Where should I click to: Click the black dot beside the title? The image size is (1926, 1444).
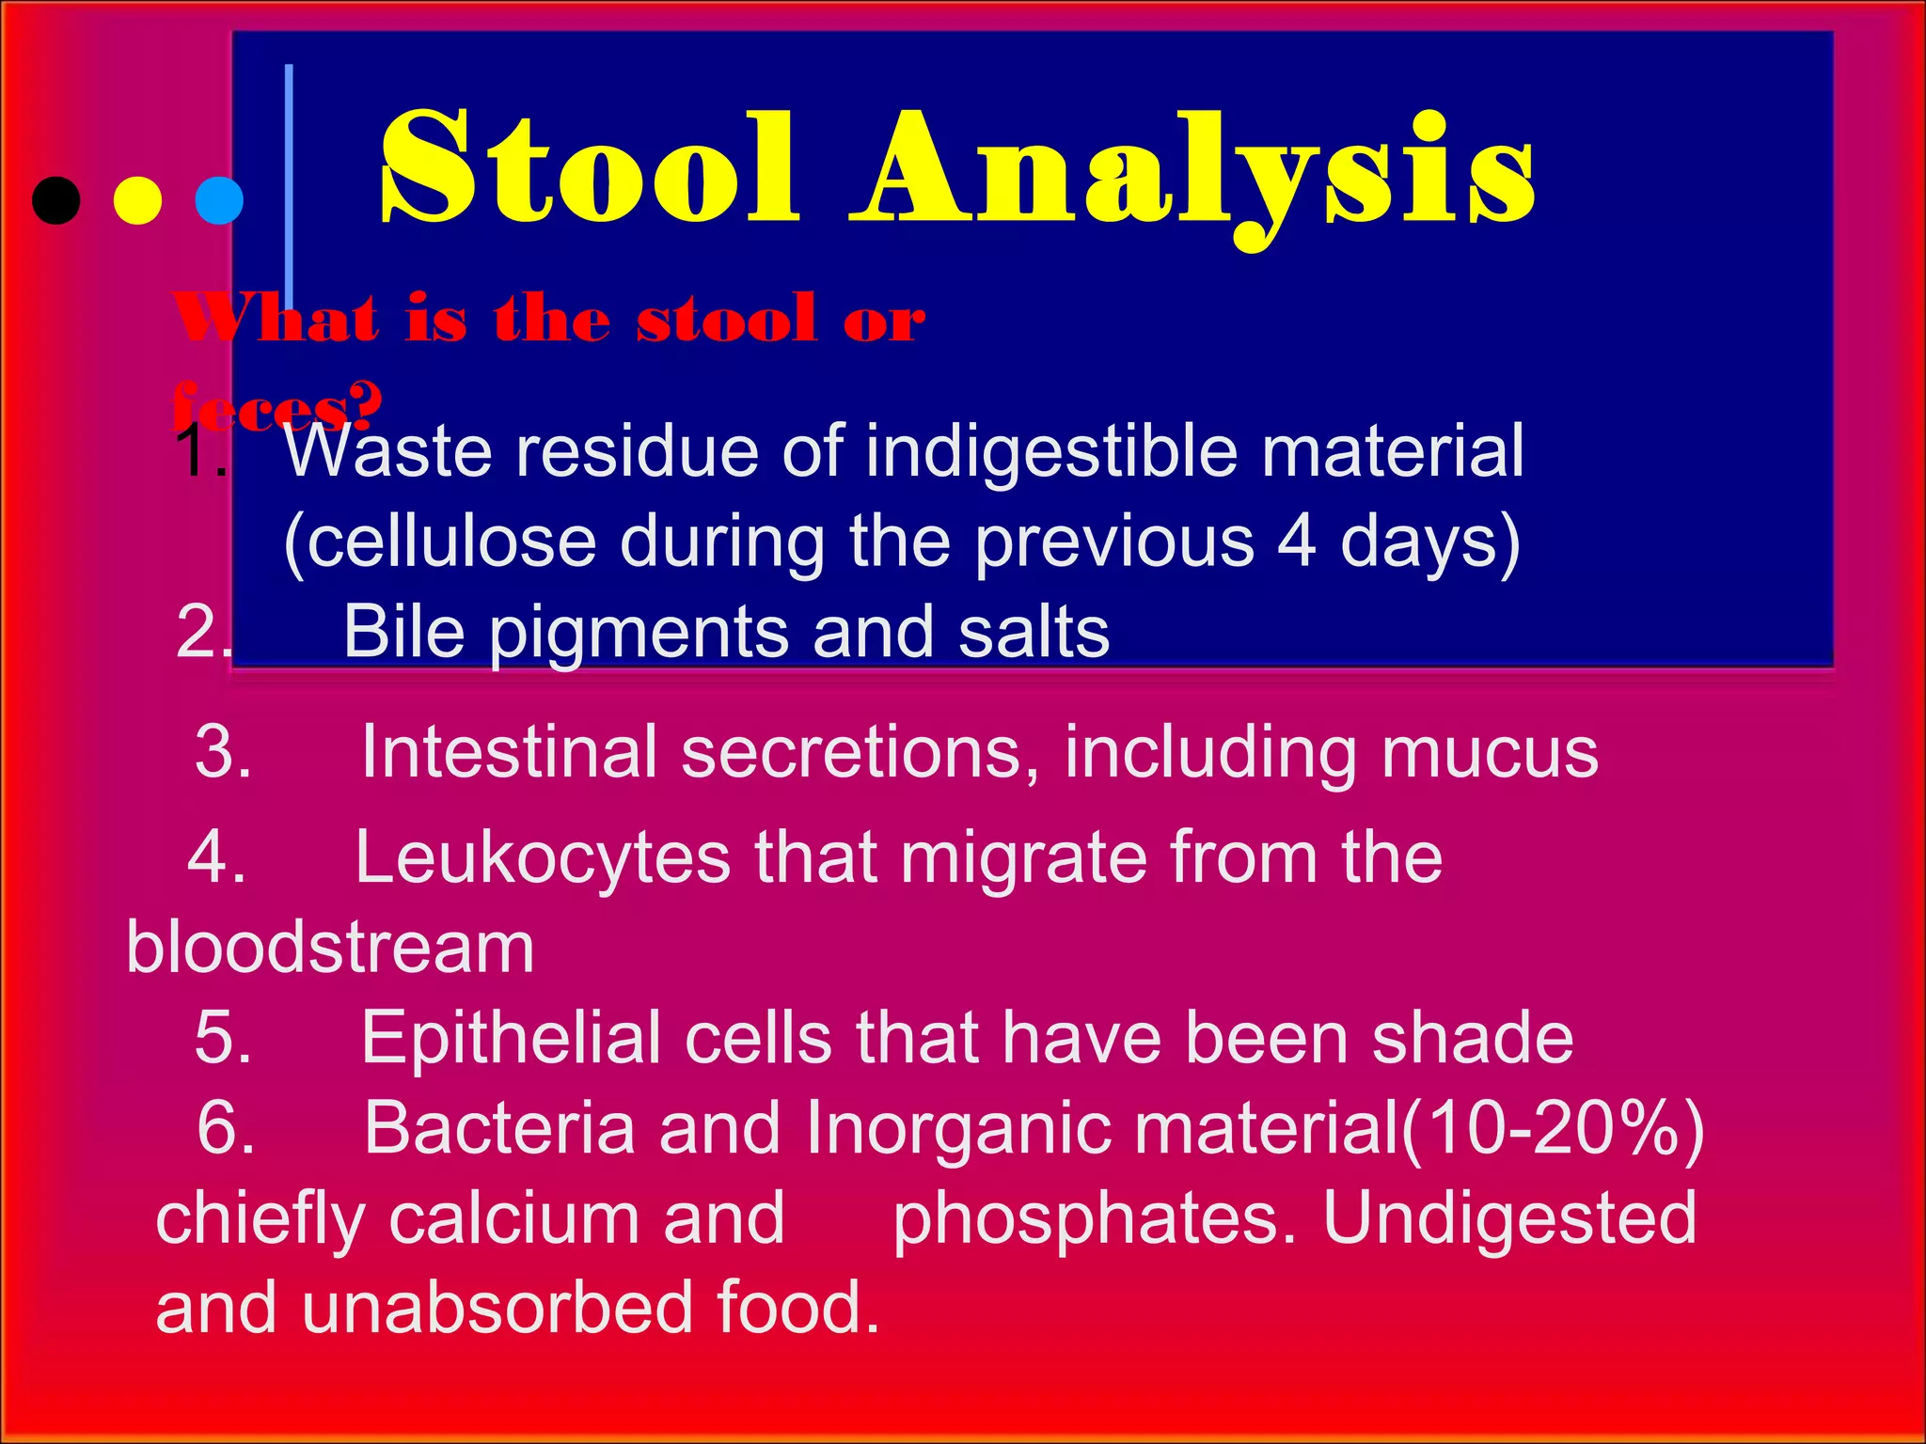56,200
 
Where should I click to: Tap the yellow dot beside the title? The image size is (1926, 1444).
137,200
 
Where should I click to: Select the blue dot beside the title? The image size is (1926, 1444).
219,200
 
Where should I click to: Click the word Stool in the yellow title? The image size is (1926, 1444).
591,169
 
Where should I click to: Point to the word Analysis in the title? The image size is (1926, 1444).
1192,174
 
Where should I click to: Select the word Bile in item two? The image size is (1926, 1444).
403,632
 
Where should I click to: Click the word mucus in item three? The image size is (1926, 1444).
1490,752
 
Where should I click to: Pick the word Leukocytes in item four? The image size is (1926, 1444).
543,857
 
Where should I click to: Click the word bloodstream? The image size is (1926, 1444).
330,948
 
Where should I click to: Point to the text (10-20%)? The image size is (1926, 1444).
1552,1128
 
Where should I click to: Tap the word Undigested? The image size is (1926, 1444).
1509,1218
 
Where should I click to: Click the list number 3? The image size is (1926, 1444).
222,752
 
